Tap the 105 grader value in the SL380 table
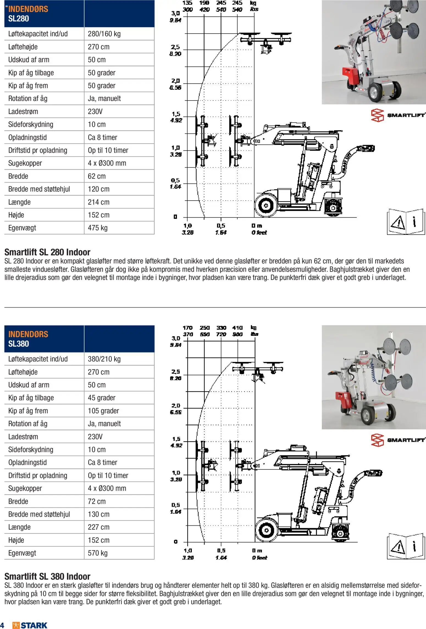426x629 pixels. pyautogui.click(x=103, y=411)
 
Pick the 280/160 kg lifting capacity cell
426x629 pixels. pyautogui.click(x=104, y=34)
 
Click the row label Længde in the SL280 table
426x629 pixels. pyautogui.click(x=19, y=202)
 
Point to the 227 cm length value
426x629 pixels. pyautogui.click(x=98, y=527)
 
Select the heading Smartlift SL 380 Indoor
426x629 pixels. pyautogui.click(x=47, y=576)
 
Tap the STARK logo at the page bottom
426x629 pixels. pyautogui.click(x=30, y=625)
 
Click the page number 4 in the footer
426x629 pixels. pyautogui.click(x=2, y=625)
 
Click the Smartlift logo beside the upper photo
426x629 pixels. pyautogui.click(x=398, y=115)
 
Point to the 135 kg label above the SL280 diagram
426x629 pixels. pyautogui.click(x=187, y=3)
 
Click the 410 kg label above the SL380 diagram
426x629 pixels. pyautogui.click(x=237, y=328)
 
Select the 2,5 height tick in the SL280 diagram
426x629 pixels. pyautogui.click(x=175, y=47)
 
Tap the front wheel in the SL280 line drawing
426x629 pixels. pyautogui.click(x=266, y=205)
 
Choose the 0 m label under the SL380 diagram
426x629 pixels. pyautogui.click(x=257, y=551)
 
